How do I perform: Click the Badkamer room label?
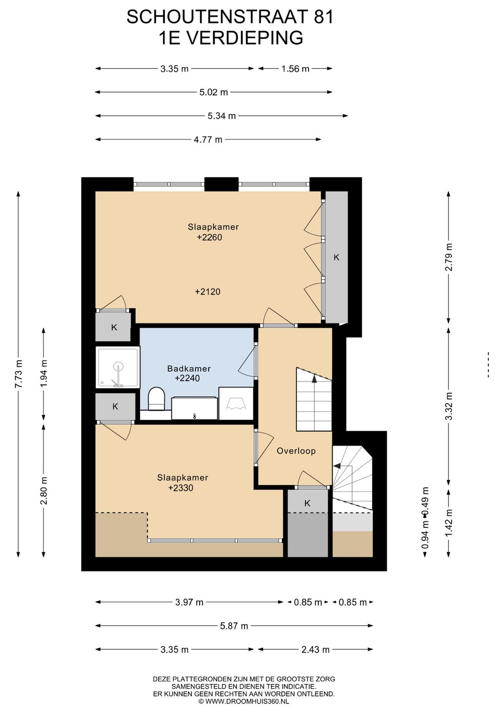click(189, 369)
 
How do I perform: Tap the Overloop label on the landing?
click(296, 451)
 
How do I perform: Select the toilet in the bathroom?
click(156, 398)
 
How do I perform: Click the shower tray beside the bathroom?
click(118, 367)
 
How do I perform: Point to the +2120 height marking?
click(208, 292)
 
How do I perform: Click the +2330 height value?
click(181, 488)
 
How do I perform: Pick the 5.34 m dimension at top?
click(222, 116)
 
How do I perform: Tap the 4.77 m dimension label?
click(208, 139)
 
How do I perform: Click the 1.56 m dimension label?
click(295, 69)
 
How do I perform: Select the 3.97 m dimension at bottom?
click(189, 602)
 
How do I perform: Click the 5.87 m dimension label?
click(234, 626)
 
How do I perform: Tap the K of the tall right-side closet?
click(336, 257)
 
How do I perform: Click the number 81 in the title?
click(324, 17)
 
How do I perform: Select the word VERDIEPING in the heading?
click(244, 38)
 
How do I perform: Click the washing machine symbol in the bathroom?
click(236, 404)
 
